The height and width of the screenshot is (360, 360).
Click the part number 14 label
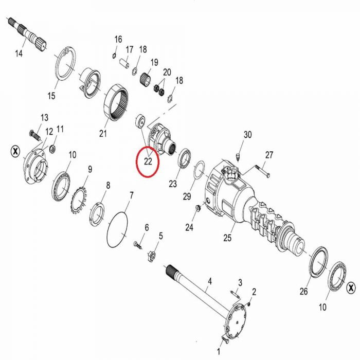(x=19, y=53)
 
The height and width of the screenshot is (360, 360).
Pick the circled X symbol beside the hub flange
(x=15, y=151)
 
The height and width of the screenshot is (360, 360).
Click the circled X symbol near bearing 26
(x=351, y=287)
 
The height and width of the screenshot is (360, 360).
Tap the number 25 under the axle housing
(x=227, y=238)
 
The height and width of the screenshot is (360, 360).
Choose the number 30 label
(x=247, y=135)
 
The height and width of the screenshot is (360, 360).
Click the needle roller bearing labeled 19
(x=145, y=78)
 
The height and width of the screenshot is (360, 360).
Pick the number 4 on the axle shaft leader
(x=210, y=281)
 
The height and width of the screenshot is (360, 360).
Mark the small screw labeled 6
(x=137, y=245)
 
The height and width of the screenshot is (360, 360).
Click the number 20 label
(x=167, y=73)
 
